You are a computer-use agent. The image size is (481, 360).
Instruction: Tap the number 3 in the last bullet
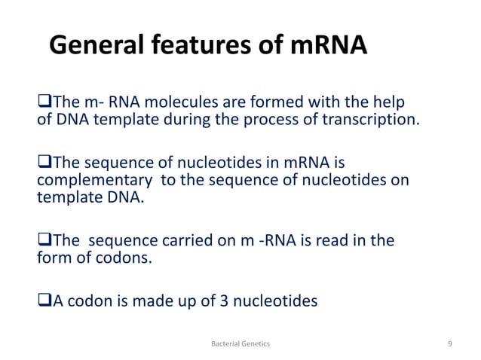198,301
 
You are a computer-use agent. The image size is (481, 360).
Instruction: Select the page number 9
449,343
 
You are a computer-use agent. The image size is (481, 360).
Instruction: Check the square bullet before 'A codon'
43,302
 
